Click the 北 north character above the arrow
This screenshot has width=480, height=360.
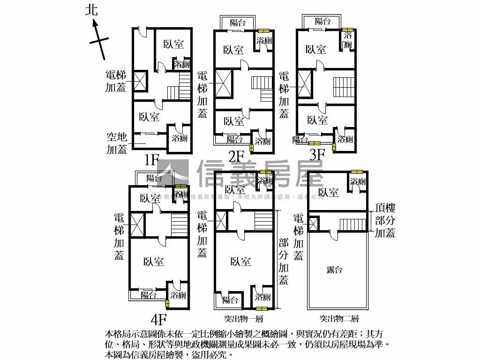click(91, 10)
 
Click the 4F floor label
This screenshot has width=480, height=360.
click(159, 319)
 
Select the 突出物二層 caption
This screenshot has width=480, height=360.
click(339, 319)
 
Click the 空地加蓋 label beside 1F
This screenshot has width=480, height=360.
click(117, 143)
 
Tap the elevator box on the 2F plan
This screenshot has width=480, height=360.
click(223, 83)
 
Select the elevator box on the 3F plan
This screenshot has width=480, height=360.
click(305, 83)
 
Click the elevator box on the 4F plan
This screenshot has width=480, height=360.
click(137, 224)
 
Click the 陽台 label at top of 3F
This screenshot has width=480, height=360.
click(322, 21)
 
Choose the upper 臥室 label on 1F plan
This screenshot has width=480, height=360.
click(173, 44)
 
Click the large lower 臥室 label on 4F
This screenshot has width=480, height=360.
click(154, 262)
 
